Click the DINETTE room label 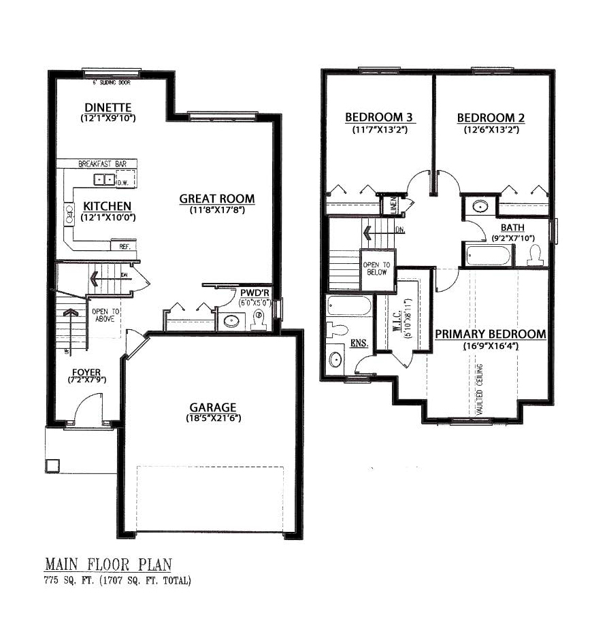(x=108, y=107)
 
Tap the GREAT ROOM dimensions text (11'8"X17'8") (x=217, y=210)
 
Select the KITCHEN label (x=108, y=206)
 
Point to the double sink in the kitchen (x=104, y=180)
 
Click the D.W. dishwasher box (x=126, y=179)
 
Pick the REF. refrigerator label (x=124, y=246)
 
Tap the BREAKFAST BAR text (x=103, y=164)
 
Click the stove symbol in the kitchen (x=69, y=214)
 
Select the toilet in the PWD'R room (x=258, y=320)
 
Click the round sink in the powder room (x=231, y=321)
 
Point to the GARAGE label (x=213, y=407)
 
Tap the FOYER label (x=86, y=372)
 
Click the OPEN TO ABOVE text (x=105, y=315)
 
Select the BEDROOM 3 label (x=379, y=118)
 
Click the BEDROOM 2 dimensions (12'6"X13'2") (x=491, y=130)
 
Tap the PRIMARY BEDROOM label (x=491, y=334)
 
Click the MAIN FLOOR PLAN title (x=108, y=565)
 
